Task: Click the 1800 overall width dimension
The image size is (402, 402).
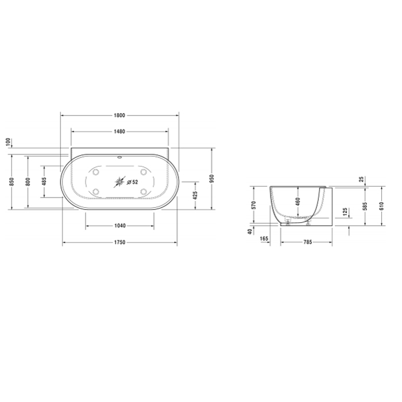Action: [x=119, y=115]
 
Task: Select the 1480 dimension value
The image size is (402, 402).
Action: [x=119, y=132]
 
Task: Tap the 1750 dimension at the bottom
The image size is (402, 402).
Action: [x=119, y=242]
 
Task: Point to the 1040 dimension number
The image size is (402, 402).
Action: [x=119, y=226]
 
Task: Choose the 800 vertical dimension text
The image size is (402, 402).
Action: [x=27, y=181]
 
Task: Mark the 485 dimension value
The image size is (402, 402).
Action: [x=44, y=181]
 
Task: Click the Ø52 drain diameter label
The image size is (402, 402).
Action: [x=133, y=182]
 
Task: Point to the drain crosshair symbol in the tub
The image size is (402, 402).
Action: [x=119, y=182]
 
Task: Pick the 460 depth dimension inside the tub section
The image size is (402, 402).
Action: [x=297, y=202]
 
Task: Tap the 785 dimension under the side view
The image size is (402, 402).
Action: [x=307, y=242]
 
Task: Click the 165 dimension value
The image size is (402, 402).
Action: [x=265, y=237]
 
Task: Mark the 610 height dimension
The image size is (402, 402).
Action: [x=381, y=206]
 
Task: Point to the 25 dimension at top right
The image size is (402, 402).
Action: [x=361, y=179]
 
